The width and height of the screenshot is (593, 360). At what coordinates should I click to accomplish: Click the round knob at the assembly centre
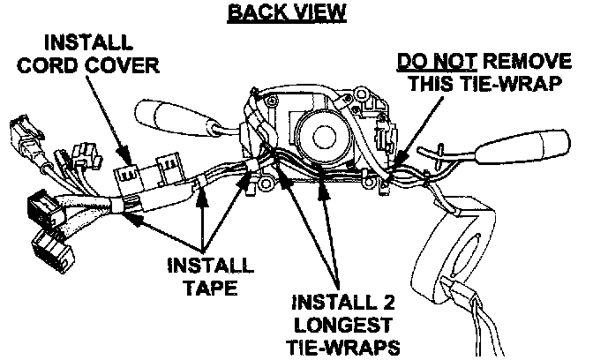(321, 137)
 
